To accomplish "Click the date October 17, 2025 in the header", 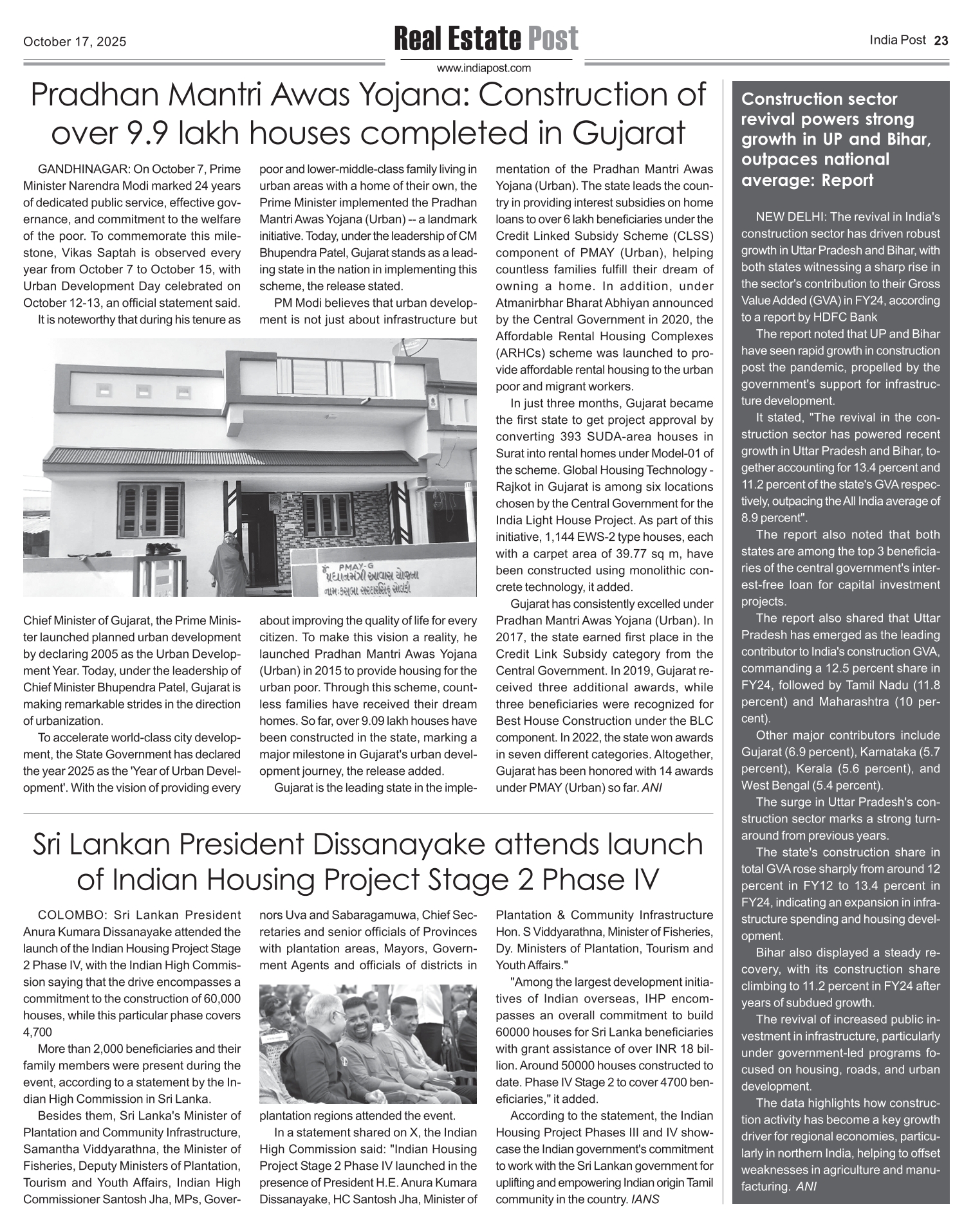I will [x=75, y=42].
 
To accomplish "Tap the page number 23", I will [x=941, y=41].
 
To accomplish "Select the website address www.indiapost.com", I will [x=484, y=68].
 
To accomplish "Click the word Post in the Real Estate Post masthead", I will [x=553, y=39].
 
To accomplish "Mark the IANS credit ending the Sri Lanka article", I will [x=645, y=1199].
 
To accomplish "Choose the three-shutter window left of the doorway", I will [x=149, y=509].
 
